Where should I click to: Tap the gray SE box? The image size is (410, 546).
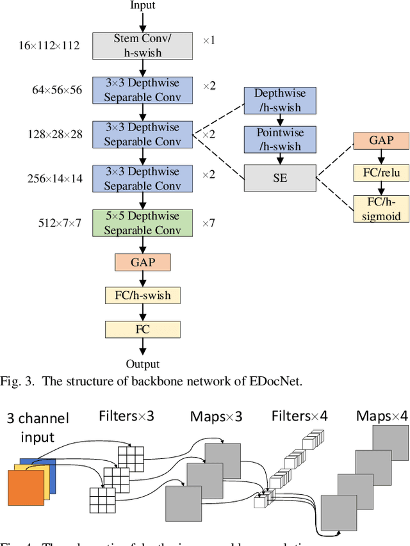(280, 179)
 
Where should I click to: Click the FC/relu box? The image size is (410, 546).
(381, 173)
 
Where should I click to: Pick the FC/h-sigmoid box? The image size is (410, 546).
(381, 209)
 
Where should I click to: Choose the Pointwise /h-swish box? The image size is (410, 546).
(280, 140)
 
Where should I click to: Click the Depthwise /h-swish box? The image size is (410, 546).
(280, 100)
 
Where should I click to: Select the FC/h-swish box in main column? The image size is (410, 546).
(143, 295)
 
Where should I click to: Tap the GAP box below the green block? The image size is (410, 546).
(143, 262)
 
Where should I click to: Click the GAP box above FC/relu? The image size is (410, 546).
(381, 141)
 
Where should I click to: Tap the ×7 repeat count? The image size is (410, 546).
(209, 223)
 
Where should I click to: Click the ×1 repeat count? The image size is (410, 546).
(209, 40)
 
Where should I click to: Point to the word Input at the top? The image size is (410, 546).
(143, 6)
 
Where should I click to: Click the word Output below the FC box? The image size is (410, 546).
(143, 364)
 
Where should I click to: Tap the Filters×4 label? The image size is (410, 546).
(299, 417)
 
